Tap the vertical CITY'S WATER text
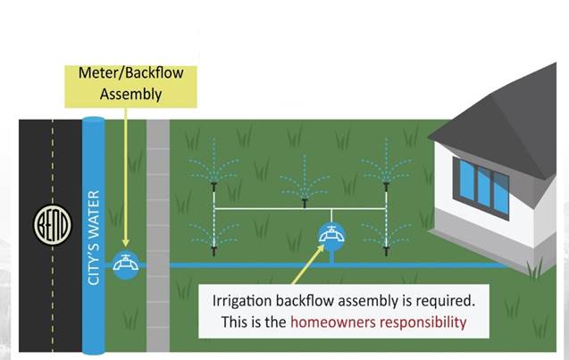(94, 237)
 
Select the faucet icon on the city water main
(126, 264)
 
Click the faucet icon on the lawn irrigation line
(331, 237)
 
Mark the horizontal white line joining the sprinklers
(268, 210)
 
